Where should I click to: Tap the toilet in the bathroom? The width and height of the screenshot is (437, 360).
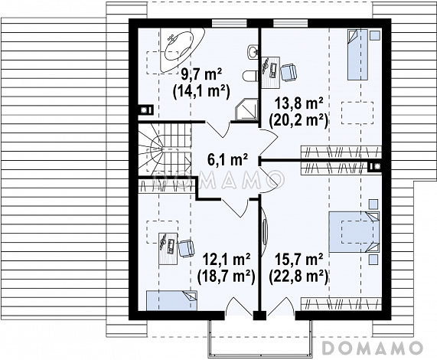coord(250,76)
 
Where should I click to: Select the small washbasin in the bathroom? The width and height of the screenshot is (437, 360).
coord(253,52)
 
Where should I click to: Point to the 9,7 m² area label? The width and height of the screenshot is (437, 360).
coord(201,75)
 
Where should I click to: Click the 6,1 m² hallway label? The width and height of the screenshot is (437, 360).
coord(227,160)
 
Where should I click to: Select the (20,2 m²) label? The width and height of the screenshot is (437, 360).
coord(298,121)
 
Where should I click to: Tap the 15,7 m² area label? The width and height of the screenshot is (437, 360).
coord(299,260)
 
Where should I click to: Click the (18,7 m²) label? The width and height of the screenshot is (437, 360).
coord(226,277)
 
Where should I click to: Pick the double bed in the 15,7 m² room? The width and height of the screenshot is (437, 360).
coord(354,232)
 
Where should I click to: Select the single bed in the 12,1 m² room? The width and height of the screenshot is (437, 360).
coord(171,300)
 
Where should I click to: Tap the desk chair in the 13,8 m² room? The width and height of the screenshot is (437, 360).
coord(289,71)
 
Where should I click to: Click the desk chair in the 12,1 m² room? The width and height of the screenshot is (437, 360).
coord(186,247)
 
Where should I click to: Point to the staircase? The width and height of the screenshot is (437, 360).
coord(165,151)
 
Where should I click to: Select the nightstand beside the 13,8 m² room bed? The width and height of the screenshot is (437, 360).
coord(374,35)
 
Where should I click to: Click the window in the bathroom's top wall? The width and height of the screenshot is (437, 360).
coord(229,23)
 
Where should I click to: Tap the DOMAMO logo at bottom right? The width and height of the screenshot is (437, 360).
coord(373,348)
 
